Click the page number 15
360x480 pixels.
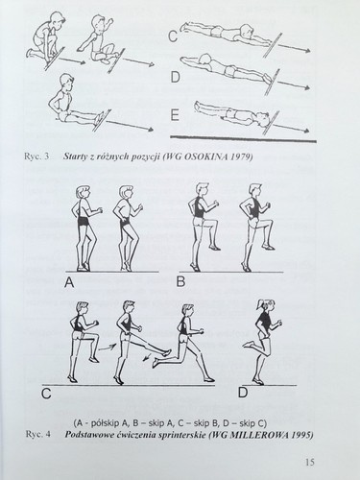pyautogui.click(x=310, y=462)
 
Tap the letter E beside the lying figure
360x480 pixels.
pyautogui.click(x=175, y=115)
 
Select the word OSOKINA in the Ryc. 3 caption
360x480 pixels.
pyautogui.click(x=201, y=156)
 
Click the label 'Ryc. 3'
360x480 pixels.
pyautogui.click(x=36, y=156)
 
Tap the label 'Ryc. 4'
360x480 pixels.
pyautogui.click(x=37, y=435)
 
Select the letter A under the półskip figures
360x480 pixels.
pyautogui.click(x=69, y=282)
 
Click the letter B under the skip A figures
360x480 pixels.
pyautogui.click(x=180, y=281)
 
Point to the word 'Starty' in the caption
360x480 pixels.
pyautogui.click(x=75, y=157)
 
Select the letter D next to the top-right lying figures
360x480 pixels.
pyautogui.click(x=175, y=78)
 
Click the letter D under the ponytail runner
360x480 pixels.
pyautogui.click(x=243, y=393)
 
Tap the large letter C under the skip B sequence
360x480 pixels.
pyautogui.click(x=46, y=394)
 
